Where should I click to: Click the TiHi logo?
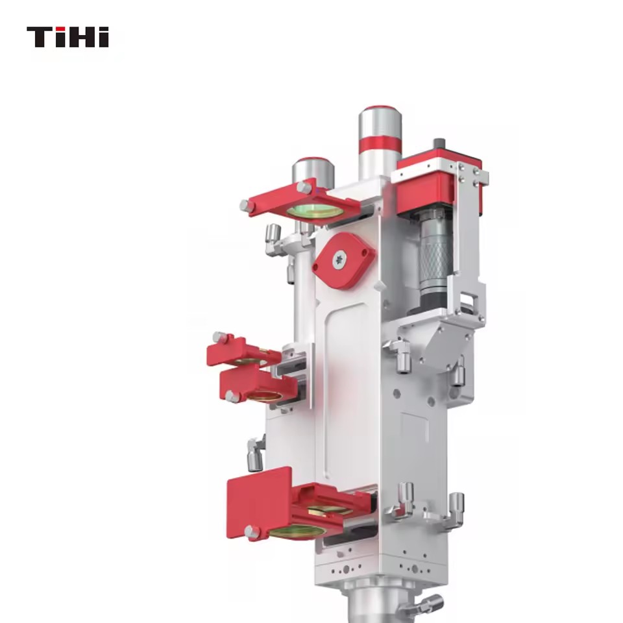point(67,37)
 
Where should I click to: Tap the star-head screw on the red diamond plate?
point(339,260)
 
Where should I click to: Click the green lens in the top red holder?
point(315,211)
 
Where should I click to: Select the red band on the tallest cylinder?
point(380,144)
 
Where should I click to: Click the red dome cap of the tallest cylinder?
point(380,108)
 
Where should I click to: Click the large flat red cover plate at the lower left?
point(258,502)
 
